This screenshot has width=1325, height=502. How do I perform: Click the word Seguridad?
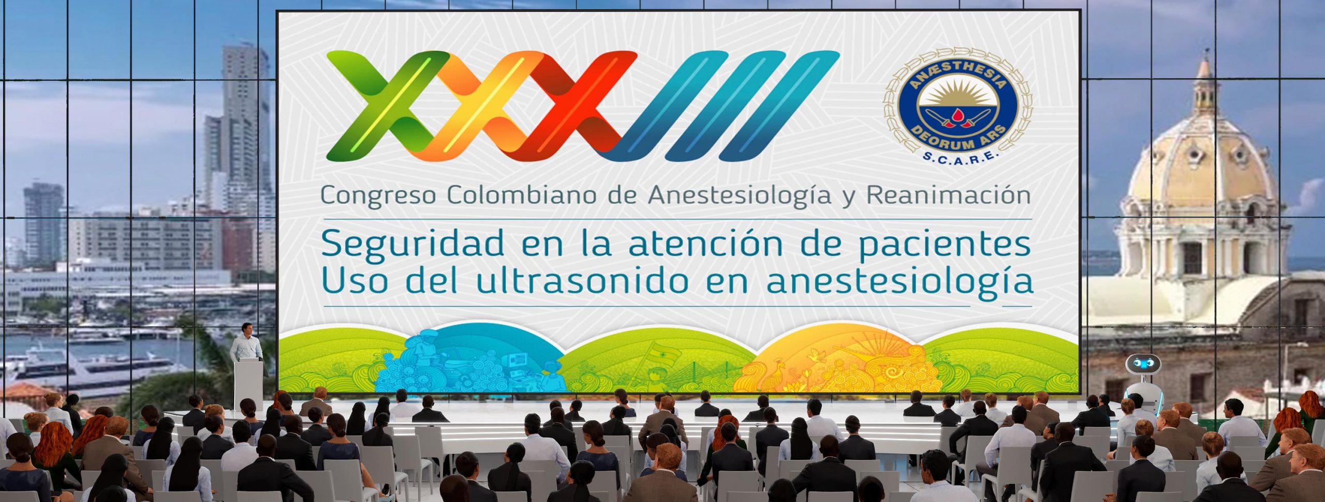pyautogui.click(x=413, y=243)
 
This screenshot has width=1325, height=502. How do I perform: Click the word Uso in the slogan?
pyautogui.click(x=357, y=281)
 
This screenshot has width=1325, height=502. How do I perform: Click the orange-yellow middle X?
pyautogui.click(x=479, y=105)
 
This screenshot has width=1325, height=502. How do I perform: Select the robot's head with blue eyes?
pyautogui.click(x=1143, y=365)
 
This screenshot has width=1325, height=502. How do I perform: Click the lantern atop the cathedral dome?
pyautogui.click(x=1205, y=85)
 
